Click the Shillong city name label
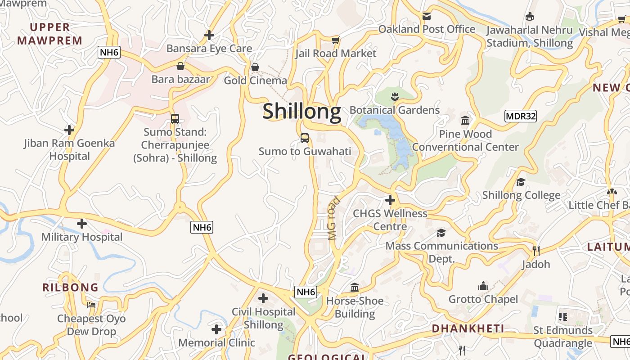pos(302,111)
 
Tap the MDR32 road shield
pos(521,116)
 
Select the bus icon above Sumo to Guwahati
pos(305,138)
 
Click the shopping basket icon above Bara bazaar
pos(180,66)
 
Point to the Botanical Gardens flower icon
pos(395,96)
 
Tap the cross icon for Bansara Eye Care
pos(209,35)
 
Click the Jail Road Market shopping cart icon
pos(335,40)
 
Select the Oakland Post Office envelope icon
pos(427,16)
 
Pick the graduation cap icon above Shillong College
pos(521,182)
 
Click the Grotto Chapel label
pos(483,299)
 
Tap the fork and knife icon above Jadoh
pos(536,251)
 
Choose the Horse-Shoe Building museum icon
pos(355,287)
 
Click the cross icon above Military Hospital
pos(82,223)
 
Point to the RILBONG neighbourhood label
pos(70,287)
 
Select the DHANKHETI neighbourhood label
pos(468,328)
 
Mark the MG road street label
pos(334,218)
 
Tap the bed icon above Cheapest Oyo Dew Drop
pos(91,305)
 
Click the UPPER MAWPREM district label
pos(49,34)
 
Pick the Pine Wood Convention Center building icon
pos(465,121)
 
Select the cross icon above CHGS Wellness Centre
pos(390,200)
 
